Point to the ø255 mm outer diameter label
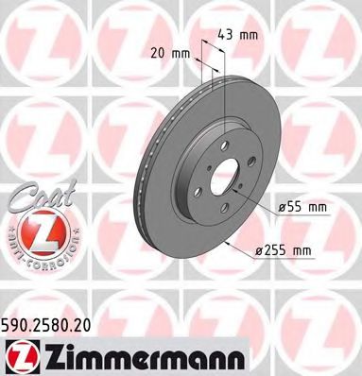click(x=286, y=249)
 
